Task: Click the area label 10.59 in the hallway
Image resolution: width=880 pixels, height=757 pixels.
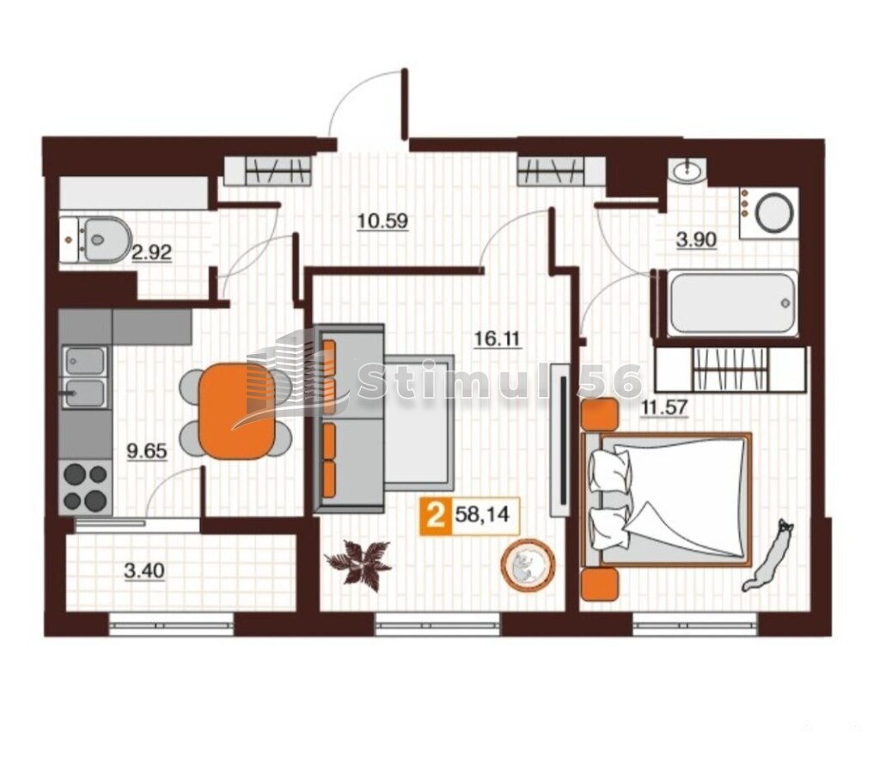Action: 382,221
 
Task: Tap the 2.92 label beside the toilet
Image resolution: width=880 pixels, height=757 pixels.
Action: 151,253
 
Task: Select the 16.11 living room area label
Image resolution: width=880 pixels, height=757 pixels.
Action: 498,339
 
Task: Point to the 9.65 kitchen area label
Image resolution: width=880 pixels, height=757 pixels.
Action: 147,450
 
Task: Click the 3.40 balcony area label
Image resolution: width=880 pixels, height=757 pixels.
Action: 144,571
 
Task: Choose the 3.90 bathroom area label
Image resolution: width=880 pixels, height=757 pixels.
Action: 696,240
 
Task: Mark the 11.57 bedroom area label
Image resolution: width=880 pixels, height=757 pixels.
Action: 665,406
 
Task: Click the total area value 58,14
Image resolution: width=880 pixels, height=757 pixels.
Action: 482,514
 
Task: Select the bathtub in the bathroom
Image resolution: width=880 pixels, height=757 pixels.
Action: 732,303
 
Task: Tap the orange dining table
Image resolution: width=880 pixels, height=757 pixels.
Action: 236,411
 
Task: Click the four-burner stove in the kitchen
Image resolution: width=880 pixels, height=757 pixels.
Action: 86,487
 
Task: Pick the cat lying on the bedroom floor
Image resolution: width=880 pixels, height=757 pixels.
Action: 767,554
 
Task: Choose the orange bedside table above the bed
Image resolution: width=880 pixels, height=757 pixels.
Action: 599,414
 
